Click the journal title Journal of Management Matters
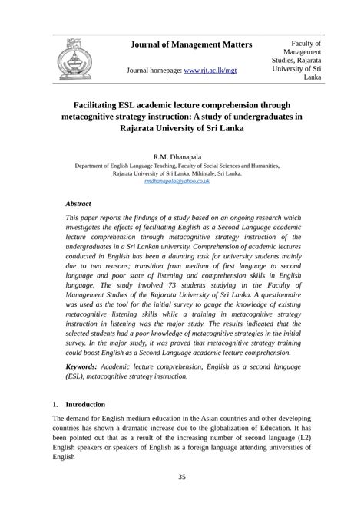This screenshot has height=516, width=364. pos(192,45)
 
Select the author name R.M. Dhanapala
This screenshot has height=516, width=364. pos(181,156)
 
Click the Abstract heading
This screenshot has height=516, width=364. pos(78,204)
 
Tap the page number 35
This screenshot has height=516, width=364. pos(182,477)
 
